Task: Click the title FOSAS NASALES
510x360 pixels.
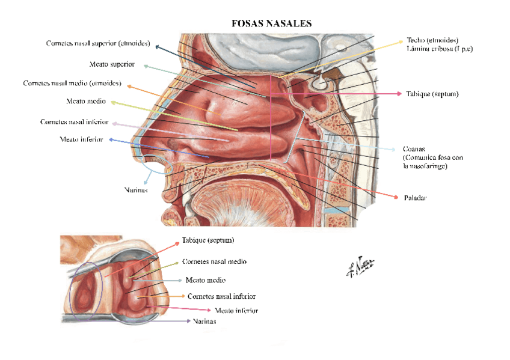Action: [271, 23]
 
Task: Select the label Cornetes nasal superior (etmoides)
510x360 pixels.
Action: [99, 43]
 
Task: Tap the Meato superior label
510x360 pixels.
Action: [111, 64]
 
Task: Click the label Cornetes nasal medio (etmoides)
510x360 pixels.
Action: [72, 83]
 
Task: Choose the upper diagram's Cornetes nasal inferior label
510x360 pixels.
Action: [75, 122]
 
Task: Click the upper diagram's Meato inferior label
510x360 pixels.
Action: [82, 139]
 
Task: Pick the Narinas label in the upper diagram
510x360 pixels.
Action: [135, 190]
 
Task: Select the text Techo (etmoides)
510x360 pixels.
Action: [432, 40]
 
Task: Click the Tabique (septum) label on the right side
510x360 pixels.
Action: [432, 94]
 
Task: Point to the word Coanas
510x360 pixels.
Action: [414, 148]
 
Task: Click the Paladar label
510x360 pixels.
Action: [415, 197]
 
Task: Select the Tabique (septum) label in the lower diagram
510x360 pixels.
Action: [208, 240]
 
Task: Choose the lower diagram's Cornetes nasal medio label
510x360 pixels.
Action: [214, 261]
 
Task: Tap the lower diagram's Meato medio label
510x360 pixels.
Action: [206, 280]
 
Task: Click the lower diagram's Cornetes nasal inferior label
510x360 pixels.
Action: [221, 296]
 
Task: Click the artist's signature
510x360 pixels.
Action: [359, 266]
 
